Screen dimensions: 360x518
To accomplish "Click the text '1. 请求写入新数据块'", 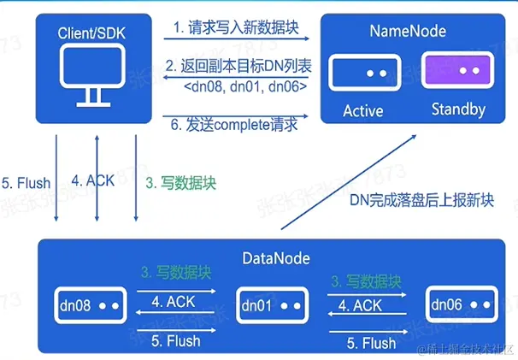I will click(236, 27).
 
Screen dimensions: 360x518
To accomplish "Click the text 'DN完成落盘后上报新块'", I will click(421, 202).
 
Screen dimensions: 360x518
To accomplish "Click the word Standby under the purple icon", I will click(458, 110).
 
